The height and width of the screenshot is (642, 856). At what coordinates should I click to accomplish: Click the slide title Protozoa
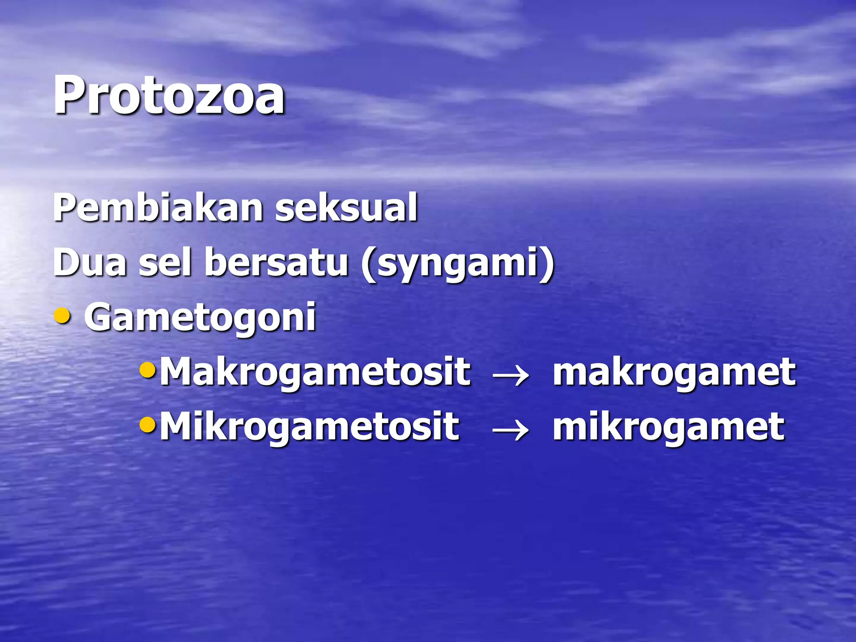click(169, 95)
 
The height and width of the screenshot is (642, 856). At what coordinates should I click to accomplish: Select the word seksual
click(346, 208)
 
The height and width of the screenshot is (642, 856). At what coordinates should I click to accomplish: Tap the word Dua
click(90, 262)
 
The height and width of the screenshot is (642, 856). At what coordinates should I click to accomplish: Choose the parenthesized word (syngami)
click(458, 264)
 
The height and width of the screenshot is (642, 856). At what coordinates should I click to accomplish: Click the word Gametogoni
click(200, 318)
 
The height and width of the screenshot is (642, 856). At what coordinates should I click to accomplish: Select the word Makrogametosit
click(315, 372)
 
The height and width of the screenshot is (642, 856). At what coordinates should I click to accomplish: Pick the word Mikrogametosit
click(309, 427)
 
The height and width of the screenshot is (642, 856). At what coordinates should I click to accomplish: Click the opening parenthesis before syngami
click(368, 264)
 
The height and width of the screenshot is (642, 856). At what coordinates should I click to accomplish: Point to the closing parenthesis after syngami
click(548, 264)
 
